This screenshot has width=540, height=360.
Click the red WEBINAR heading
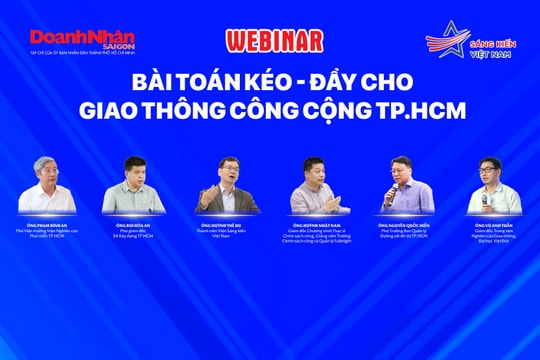[x=274, y=41]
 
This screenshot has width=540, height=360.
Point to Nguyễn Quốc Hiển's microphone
[x=388, y=191]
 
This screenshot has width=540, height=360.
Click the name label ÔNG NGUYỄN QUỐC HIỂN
[x=406, y=227]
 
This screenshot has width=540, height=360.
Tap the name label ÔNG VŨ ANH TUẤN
[x=498, y=227]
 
